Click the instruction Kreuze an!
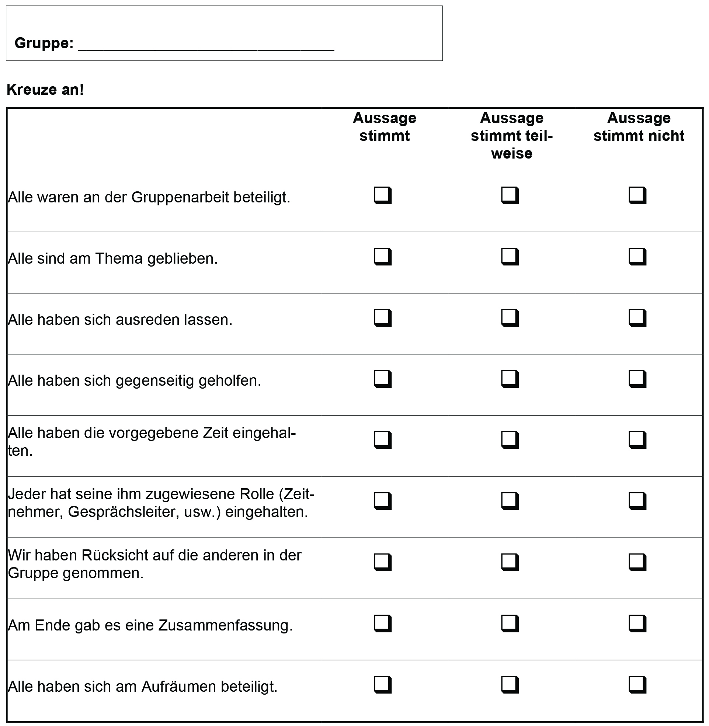45,90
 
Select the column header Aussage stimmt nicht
639,127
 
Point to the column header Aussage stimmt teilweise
511,136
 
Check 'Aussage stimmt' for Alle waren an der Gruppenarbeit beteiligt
382,195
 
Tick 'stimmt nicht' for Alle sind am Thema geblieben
637,256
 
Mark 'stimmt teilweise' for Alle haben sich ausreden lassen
510,317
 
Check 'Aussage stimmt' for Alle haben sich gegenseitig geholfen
382,379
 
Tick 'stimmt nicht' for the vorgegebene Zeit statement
637,440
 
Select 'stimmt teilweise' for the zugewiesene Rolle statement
510,501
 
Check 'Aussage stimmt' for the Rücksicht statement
382,562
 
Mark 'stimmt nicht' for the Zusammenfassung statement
637,623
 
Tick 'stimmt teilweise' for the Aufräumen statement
510,684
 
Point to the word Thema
119,259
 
